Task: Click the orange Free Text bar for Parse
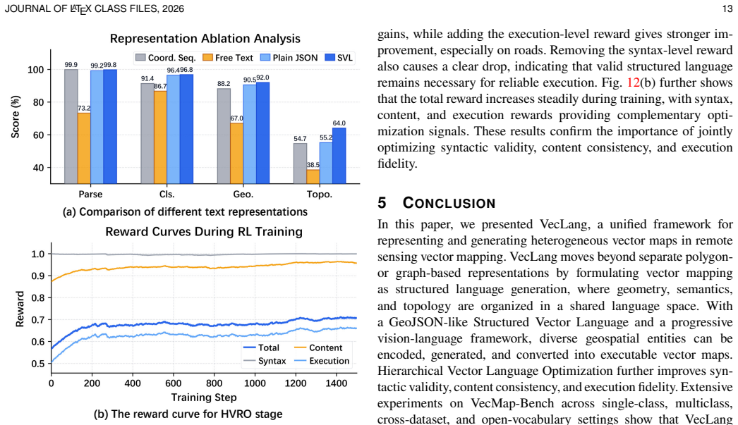pos(84,148)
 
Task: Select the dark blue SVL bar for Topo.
pos(339,156)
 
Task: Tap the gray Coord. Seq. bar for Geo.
pos(224,136)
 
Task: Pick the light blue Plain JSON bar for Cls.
pos(173,129)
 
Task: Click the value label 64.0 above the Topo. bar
pos(339,123)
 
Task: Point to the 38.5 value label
pos(313,165)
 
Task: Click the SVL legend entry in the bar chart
pos(339,57)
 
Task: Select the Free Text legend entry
pos(228,57)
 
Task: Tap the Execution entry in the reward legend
pos(322,361)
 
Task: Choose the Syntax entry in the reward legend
pos(265,361)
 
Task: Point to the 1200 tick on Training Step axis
pos(296,383)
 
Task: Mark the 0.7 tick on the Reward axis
pos(38,320)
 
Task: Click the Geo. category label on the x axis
pos(243,194)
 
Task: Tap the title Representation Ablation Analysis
pos(205,39)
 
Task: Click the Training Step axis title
pos(204,398)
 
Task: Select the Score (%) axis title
pos(16,116)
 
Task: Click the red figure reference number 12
pos(633,82)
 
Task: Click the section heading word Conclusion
pos(449,202)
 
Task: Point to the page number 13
pos(727,9)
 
